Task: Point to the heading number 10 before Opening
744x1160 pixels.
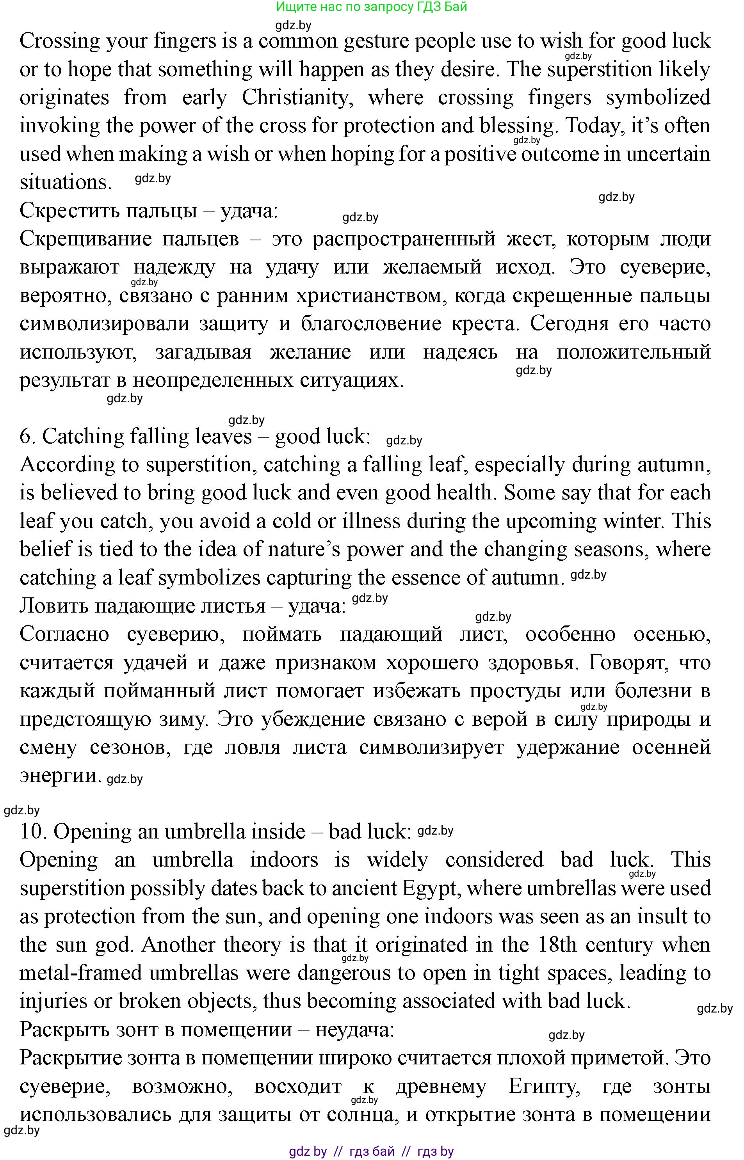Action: point(33,831)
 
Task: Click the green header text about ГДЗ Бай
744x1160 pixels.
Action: point(372,7)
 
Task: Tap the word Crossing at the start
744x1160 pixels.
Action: point(59,41)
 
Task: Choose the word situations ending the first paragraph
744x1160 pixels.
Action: point(65,183)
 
